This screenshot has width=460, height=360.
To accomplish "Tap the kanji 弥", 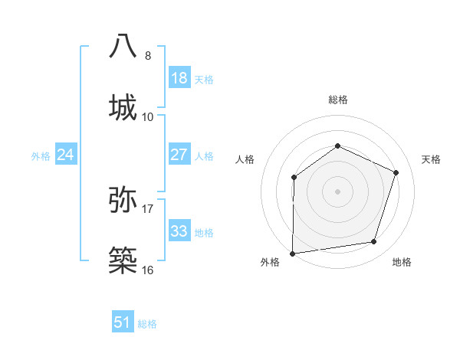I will [x=123, y=199].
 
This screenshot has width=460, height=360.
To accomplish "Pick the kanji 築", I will [x=123, y=261].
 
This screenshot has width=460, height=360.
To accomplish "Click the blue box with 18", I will [x=179, y=78].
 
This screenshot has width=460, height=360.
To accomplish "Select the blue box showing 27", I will [x=179, y=155].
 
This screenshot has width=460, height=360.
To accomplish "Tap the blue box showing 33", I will [x=179, y=231].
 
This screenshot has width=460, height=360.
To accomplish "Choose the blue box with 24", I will [x=66, y=155].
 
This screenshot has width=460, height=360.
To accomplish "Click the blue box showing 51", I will [x=123, y=322].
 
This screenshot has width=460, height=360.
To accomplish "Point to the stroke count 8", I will [x=148, y=55].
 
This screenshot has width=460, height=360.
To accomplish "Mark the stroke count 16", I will [x=148, y=270].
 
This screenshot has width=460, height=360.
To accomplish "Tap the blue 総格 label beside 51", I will [x=147, y=324].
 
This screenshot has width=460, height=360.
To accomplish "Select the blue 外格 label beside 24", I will [x=41, y=156].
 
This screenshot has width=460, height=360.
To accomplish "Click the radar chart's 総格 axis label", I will [x=337, y=100].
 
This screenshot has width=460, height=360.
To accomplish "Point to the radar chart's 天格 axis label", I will [x=431, y=159].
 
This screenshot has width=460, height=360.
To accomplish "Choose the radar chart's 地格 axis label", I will [x=402, y=262].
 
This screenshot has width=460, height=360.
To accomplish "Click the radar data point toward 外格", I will [x=292, y=253].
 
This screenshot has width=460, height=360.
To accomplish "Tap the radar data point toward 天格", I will [x=396, y=172].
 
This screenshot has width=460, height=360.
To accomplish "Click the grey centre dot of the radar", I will [x=337, y=191].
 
